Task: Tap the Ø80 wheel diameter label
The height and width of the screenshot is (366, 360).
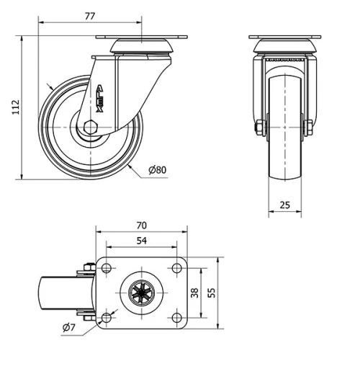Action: (157, 169)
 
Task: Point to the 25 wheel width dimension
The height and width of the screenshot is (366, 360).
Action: (284, 205)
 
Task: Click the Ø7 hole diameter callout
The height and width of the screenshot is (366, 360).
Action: (70, 329)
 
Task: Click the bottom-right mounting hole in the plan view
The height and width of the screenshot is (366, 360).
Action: (176, 316)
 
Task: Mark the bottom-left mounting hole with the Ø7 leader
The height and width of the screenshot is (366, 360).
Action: (107, 316)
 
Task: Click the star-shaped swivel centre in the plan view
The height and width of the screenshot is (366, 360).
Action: (141, 293)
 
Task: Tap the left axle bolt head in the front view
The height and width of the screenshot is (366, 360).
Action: (257, 128)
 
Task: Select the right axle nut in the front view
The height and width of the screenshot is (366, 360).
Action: (310, 128)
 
